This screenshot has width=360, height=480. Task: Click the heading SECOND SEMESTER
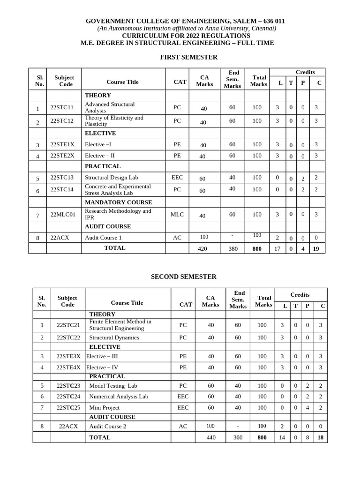tap(184, 277)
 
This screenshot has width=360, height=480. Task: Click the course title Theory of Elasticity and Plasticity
tap(114, 121)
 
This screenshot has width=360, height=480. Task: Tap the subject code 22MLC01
tap(63, 215)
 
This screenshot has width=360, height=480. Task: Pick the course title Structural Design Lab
tap(112, 178)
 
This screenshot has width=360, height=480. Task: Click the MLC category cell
tap(177, 215)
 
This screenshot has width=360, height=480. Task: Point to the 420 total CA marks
tap(202, 249)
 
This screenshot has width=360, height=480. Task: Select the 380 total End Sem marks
tap(233, 249)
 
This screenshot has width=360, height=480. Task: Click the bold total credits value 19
tap(316, 249)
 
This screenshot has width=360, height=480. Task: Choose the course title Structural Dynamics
tap(114, 337)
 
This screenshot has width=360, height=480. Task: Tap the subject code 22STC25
tap(68, 408)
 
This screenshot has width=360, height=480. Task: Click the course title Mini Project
tap(104, 408)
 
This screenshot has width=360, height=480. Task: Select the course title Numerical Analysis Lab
tap(119, 397)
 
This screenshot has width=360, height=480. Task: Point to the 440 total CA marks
tap(211, 437)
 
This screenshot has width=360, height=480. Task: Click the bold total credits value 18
tap(320, 437)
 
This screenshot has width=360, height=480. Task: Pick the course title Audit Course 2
tap(108, 427)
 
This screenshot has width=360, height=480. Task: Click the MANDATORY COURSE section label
tap(118, 202)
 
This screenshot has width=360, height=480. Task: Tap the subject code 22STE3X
tap(68, 356)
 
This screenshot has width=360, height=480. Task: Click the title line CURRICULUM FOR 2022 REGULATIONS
tap(186, 36)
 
